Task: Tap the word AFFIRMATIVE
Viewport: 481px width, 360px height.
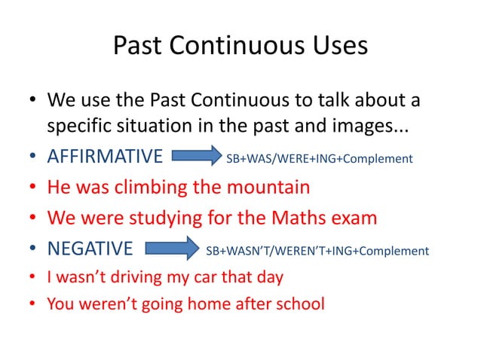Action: coord(105,158)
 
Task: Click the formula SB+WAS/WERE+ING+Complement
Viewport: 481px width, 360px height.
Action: coord(320,159)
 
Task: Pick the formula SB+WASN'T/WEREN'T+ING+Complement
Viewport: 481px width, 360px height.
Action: coord(317,250)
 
